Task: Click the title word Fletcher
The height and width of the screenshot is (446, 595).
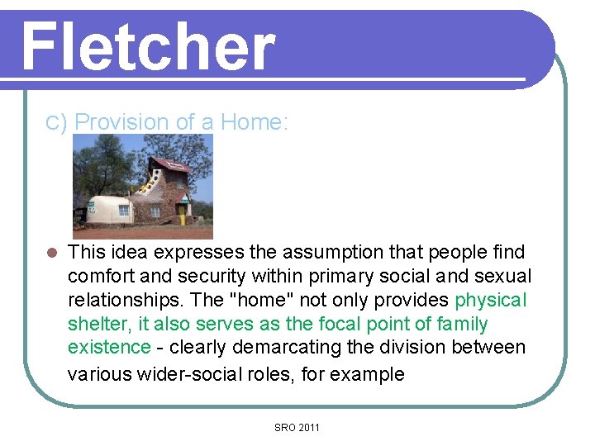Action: click(x=147, y=47)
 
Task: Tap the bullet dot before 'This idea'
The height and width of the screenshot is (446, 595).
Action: click(x=50, y=253)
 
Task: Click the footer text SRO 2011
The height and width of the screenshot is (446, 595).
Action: click(x=297, y=427)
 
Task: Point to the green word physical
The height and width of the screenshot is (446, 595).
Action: click(x=490, y=300)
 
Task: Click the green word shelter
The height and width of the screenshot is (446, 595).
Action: click(x=95, y=324)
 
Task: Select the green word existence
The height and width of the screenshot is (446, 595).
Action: click(x=109, y=347)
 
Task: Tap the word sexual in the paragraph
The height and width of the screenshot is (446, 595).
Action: click(x=502, y=276)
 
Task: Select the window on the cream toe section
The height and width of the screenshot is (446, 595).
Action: click(x=122, y=210)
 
